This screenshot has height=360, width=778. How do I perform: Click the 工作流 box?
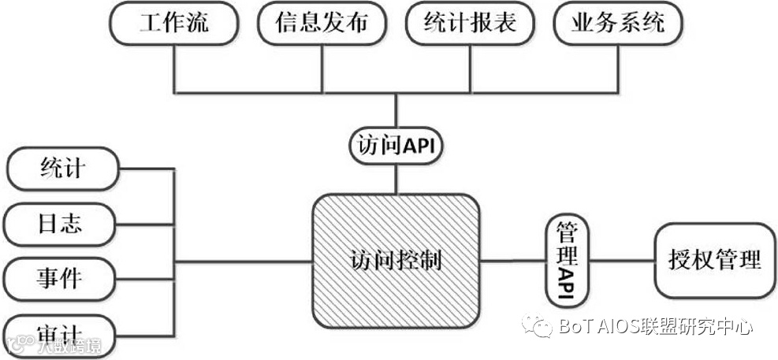(x=174, y=24)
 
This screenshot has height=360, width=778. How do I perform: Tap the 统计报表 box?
(x=471, y=24)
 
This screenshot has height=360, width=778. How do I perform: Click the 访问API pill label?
(x=396, y=146)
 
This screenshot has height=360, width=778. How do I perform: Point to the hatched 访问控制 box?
(x=396, y=261)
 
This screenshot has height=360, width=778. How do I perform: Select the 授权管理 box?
(x=715, y=261)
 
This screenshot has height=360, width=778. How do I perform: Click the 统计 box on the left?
(x=61, y=169)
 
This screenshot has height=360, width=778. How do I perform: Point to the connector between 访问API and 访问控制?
(x=396, y=179)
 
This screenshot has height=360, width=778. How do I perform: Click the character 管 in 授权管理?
(x=729, y=261)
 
